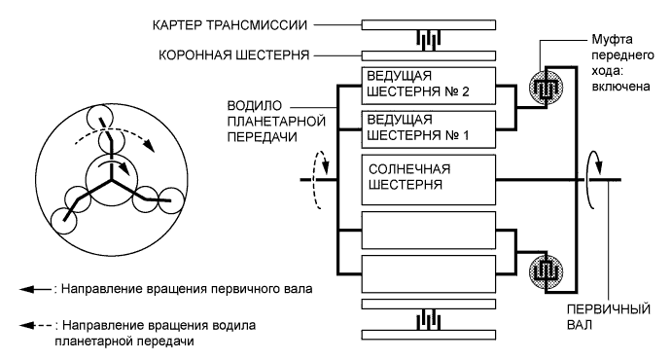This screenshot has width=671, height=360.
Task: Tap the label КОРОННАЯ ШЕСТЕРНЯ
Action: click(235, 55)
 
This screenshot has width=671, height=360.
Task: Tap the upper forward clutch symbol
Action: click(546, 85)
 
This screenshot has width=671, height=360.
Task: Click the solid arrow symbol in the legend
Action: click(37, 291)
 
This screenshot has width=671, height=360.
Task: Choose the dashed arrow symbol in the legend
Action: click(37, 323)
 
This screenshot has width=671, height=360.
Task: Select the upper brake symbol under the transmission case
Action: click(428, 39)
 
